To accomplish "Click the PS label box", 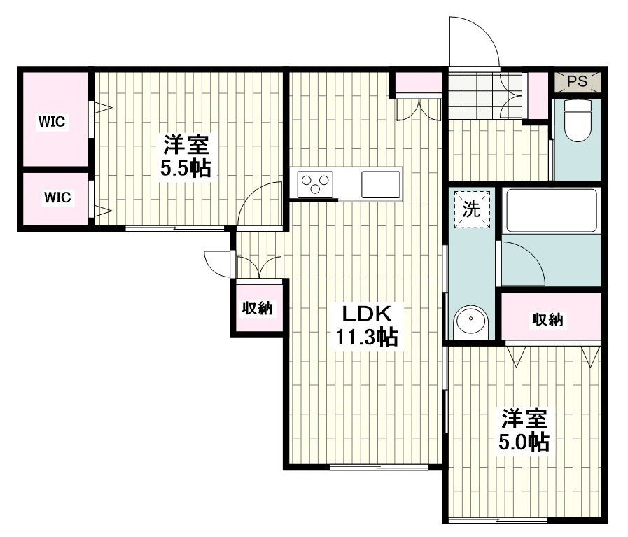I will pyautogui.click(x=577, y=81).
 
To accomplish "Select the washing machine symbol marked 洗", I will pyautogui.click(x=471, y=209).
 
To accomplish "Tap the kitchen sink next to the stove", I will pyautogui.click(x=380, y=184).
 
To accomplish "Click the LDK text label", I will pyautogui.click(x=364, y=312).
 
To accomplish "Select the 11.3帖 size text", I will pyautogui.click(x=366, y=338).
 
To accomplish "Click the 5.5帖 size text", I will pyautogui.click(x=186, y=169).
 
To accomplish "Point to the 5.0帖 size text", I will pyautogui.click(x=522, y=442).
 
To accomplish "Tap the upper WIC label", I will pyautogui.click(x=52, y=122).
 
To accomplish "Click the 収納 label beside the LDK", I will pyautogui.click(x=257, y=308).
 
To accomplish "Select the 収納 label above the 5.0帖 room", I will pyautogui.click(x=548, y=320).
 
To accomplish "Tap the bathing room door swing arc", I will pyautogui.click(x=522, y=262).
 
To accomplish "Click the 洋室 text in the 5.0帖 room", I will pyautogui.click(x=522, y=419).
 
